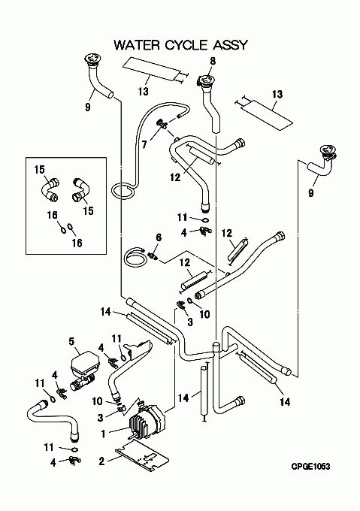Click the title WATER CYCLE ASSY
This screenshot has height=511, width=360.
pyautogui.click(x=181, y=44)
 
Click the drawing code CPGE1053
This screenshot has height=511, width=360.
pyautogui.click(x=310, y=467)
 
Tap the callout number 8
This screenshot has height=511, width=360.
pyautogui.click(x=213, y=61)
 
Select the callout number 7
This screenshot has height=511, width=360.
pyautogui.click(x=144, y=144)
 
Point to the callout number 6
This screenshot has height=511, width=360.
pyautogui.click(x=159, y=237)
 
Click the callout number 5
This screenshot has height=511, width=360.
pyautogui.click(x=71, y=341)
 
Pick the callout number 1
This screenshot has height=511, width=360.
pyautogui.click(x=103, y=434)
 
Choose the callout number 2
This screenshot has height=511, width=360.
pyautogui.click(x=102, y=461)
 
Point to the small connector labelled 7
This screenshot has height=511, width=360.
pyautogui.click(x=162, y=124)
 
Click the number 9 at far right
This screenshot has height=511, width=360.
pyautogui.click(x=311, y=193)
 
